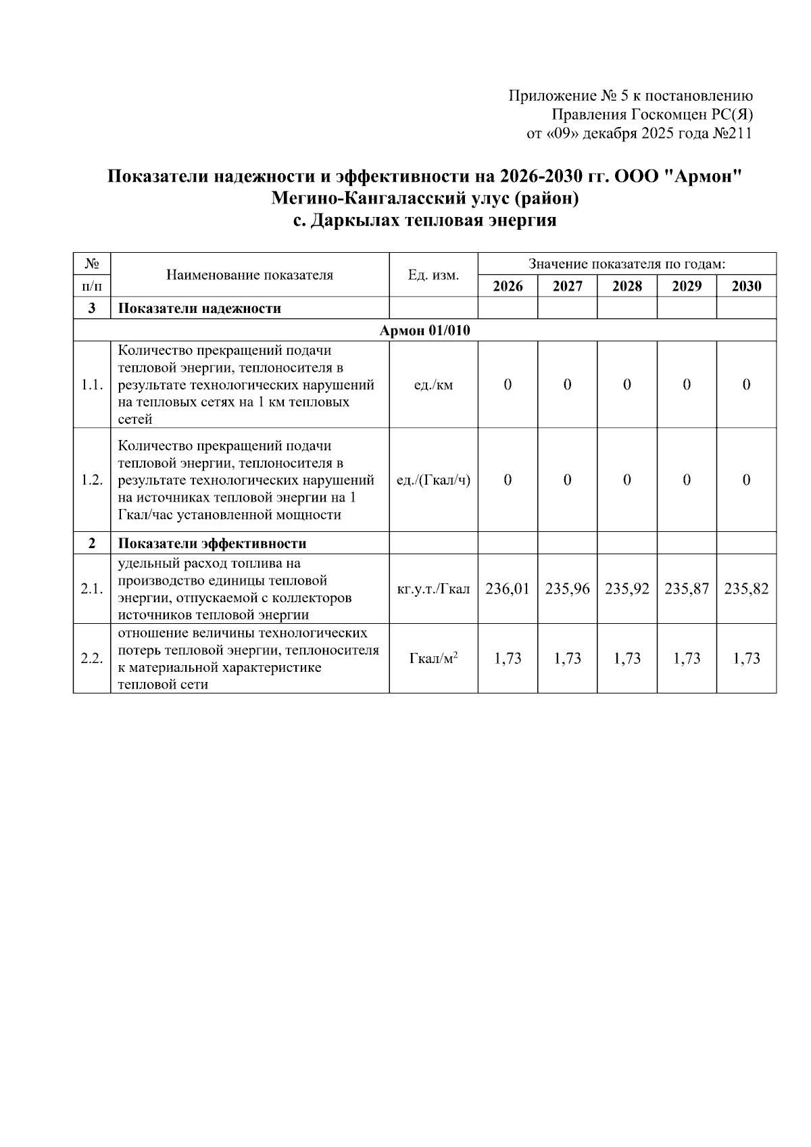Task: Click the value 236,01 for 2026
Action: pos(508,589)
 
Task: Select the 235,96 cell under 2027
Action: pos(567,589)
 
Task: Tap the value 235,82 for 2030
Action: pos(746,589)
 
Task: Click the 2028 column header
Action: pos(626,286)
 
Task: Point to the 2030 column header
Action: pos(746,286)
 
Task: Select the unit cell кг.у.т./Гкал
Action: pos(433,589)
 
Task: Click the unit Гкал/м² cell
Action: pos(433,658)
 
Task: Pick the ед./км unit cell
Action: pos(433,385)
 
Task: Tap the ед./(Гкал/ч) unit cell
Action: pos(433,480)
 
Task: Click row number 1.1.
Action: pos(91,385)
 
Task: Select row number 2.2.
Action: pos(91,658)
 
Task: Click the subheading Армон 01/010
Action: pos(424,331)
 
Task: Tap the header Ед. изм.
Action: pos(433,275)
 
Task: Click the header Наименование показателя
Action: pos(249,275)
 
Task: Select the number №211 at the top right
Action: pos(732,134)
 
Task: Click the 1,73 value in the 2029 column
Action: pos(687,658)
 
